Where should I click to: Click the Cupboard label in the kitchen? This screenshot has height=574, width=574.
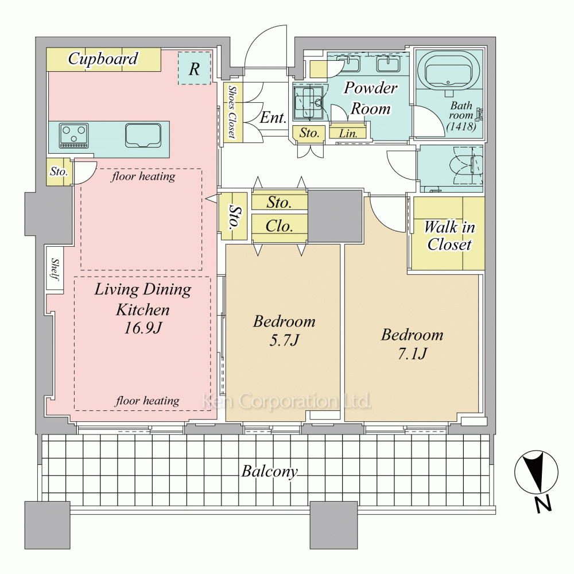click(x=103, y=59)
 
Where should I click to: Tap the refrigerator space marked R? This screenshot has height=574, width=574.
click(x=195, y=68)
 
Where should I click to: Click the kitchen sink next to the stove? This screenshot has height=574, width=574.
click(x=143, y=135)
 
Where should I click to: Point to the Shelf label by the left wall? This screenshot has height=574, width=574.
click(x=55, y=269)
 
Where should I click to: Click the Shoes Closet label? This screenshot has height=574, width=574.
click(x=232, y=112)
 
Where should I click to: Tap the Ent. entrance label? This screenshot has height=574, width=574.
click(x=273, y=118)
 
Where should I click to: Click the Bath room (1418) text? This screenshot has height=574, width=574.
click(x=461, y=116)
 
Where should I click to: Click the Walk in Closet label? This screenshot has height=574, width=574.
click(x=449, y=236)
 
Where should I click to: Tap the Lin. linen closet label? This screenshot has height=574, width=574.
click(x=348, y=133)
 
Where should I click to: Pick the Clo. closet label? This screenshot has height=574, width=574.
click(x=280, y=226)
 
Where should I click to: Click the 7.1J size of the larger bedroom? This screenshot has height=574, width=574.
click(x=412, y=354)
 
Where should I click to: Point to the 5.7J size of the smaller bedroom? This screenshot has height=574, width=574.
click(x=285, y=340)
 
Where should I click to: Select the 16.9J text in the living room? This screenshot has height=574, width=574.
click(x=143, y=328)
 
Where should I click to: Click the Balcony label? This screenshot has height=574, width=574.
click(x=270, y=471)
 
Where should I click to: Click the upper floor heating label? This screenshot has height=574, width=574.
click(x=143, y=176)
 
